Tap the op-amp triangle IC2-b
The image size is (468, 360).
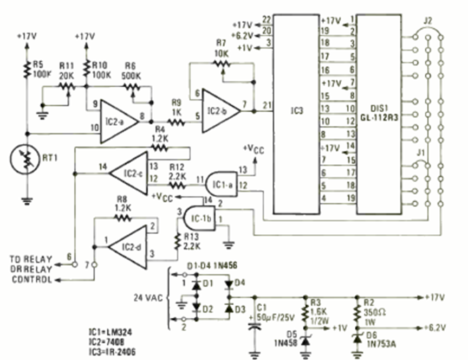pos(220,112)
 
